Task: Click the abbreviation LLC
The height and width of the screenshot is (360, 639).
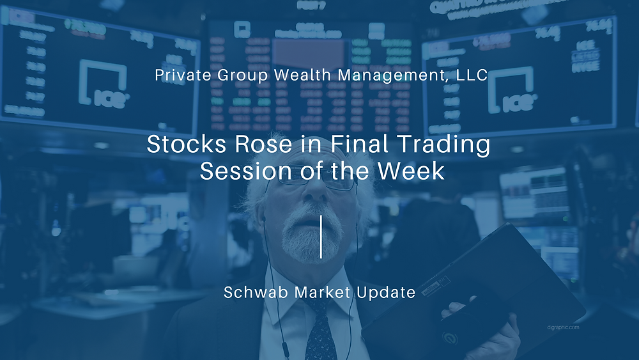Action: click(x=473, y=75)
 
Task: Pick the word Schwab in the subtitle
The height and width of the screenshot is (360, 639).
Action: click(x=250, y=293)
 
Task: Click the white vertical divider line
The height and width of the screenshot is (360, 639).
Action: click(x=320, y=237)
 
